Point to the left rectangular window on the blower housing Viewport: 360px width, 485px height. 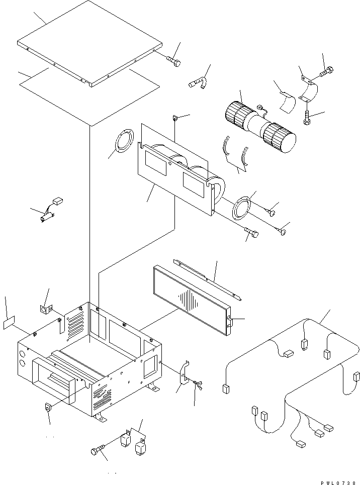(156, 164)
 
